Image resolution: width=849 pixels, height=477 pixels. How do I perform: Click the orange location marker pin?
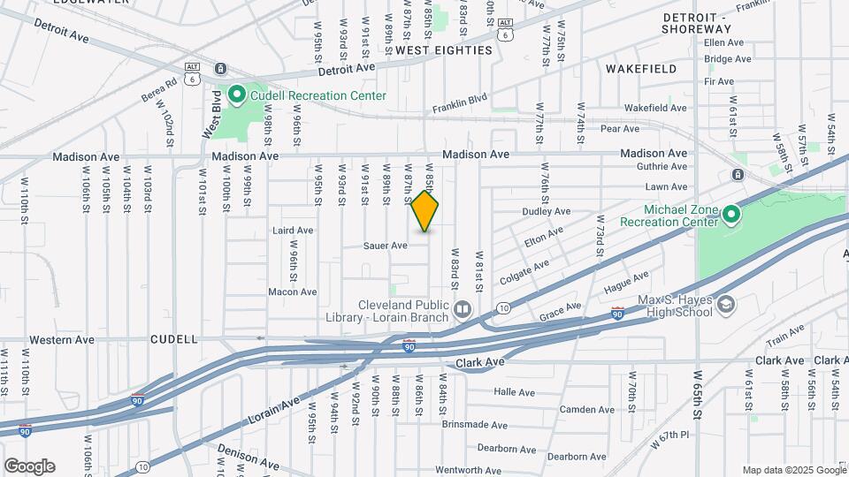(x=425, y=211)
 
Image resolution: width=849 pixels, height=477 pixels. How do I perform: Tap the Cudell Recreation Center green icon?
(x=237, y=94)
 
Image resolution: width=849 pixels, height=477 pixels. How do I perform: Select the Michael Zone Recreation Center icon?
(x=730, y=213)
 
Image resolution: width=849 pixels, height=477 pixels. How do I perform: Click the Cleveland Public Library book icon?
(x=463, y=309)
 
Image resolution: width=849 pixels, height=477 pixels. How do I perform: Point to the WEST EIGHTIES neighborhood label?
(x=443, y=50)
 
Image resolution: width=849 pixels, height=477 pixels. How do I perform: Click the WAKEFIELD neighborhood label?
(x=641, y=68)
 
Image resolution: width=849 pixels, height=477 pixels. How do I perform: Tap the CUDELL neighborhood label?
(x=174, y=339)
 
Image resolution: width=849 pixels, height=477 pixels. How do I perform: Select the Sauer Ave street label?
(x=386, y=246)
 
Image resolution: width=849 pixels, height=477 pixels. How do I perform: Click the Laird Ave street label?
(x=293, y=230)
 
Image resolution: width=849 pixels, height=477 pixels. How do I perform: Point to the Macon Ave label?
(x=292, y=291)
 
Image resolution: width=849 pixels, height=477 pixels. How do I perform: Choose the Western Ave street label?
(x=61, y=339)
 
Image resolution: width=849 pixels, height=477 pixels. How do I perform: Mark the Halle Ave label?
(x=515, y=392)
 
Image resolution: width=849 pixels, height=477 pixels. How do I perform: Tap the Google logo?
(x=29, y=466)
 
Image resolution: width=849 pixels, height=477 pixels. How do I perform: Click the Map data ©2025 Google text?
(x=792, y=470)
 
